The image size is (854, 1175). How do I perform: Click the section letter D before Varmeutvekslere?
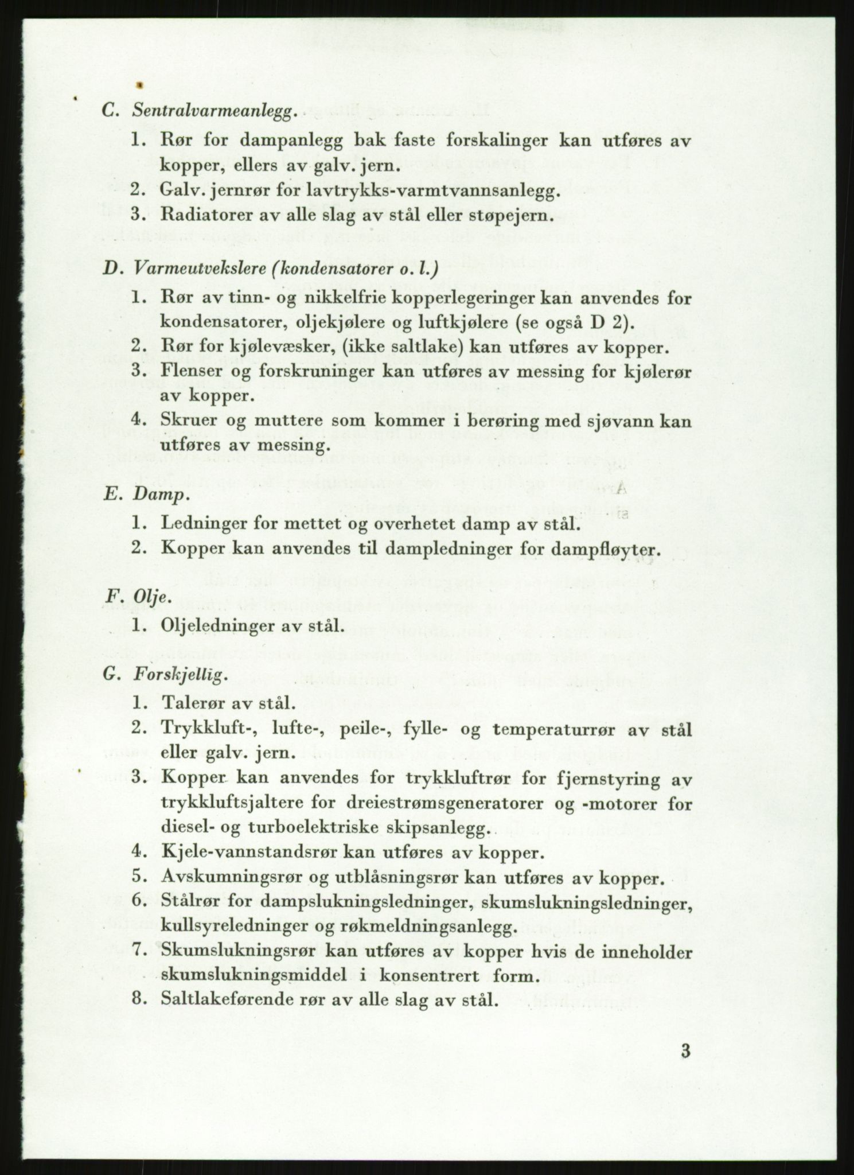[x=110, y=269]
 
